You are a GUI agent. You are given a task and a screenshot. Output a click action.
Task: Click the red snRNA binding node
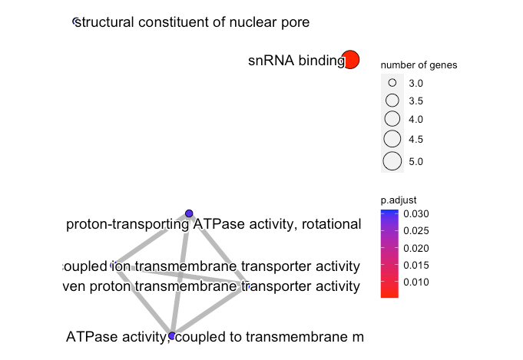click(x=350, y=60)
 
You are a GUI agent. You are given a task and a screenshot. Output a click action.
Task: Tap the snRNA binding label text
click(x=296, y=60)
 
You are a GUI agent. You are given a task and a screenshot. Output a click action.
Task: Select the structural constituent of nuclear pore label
click(x=192, y=22)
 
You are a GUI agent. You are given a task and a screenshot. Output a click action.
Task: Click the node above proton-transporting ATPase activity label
click(x=189, y=213)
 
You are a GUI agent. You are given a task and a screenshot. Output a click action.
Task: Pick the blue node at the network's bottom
click(x=172, y=336)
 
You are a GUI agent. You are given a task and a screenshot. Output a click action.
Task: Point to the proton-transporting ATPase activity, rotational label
click(x=214, y=225)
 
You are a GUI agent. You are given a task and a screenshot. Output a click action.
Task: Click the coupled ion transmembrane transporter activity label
click(x=210, y=266)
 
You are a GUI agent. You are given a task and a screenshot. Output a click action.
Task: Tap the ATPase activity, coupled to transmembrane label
click(x=215, y=336)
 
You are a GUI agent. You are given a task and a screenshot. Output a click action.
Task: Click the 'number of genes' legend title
click(x=419, y=65)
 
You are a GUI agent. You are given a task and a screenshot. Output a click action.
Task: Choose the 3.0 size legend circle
click(x=392, y=82)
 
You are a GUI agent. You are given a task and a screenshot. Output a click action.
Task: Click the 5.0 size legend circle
click(x=392, y=161)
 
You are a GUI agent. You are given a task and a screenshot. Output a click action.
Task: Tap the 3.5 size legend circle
click(x=392, y=101)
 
